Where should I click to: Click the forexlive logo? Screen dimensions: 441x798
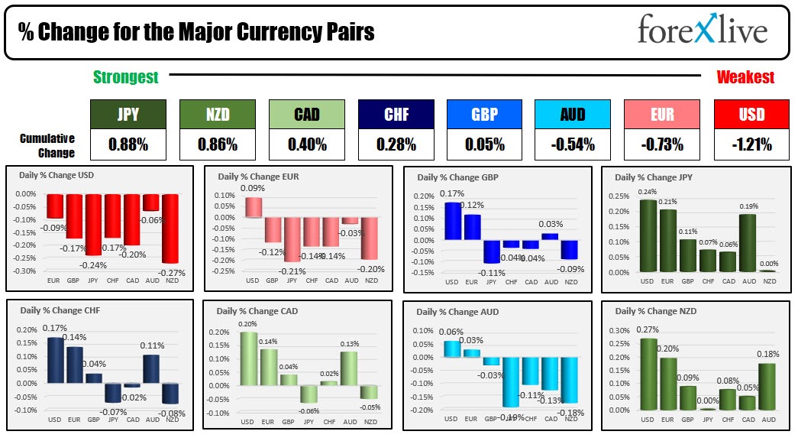pyautogui.click(x=702, y=31)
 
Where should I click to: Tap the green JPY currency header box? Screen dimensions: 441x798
pyautogui.click(x=128, y=115)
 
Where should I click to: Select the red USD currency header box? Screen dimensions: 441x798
pyautogui.click(x=751, y=115)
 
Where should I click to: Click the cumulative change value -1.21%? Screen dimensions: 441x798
pyautogui.click(x=751, y=144)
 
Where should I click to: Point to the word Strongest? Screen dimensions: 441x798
pyautogui.click(x=126, y=76)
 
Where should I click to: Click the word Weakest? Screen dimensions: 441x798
pyautogui.click(x=745, y=76)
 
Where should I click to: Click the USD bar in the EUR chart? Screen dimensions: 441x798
pyautogui.click(x=254, y=207)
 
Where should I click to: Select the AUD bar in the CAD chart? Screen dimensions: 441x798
pyautogui.click(x=349, y=368)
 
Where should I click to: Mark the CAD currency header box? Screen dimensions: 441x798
pyautogui.click(x=306, y=115)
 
